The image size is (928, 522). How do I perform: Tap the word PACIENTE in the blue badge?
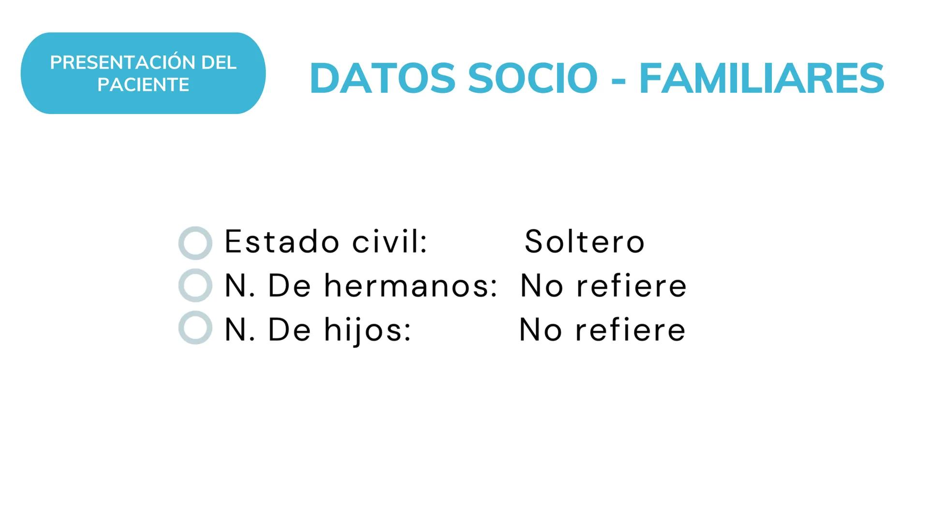(143, 85)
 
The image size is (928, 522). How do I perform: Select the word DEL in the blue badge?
(219, 63)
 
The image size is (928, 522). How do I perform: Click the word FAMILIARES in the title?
(762, 78)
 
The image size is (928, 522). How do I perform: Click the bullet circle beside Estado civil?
(195, 243)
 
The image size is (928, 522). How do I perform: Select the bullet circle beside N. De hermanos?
(195, 285)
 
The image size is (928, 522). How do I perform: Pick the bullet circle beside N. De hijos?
(195, 328)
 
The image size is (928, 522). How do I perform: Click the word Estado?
(282, 241)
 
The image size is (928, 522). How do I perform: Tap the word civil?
(389, 241)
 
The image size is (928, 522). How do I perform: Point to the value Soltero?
(585, 241)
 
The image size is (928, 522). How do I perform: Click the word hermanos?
(411, 285)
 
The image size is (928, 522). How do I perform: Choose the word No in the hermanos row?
(542, 285)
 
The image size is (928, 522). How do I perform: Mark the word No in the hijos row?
(541, 330)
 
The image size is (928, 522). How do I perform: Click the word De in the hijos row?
(289, 330)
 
